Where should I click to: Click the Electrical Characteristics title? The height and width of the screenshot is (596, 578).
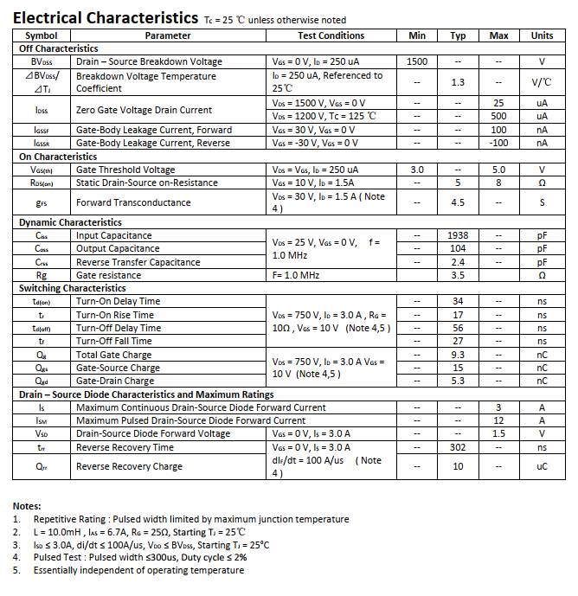(106, 17)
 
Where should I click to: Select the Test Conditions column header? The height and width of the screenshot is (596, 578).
(331, 35)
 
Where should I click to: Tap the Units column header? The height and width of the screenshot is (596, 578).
(542, 35)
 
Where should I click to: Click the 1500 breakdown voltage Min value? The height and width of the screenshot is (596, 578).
(416, 62)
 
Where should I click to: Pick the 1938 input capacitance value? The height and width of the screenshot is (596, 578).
(458, 236)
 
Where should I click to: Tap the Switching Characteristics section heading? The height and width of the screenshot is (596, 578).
(73, 288)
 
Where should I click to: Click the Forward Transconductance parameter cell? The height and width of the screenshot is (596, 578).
(133, 203)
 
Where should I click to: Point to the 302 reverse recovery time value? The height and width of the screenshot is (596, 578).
(458, 448)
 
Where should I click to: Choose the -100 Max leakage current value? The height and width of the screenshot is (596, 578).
(498, 144)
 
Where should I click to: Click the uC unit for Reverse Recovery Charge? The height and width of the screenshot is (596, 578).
(542, 467)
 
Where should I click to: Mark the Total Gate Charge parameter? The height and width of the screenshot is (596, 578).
(114, 355)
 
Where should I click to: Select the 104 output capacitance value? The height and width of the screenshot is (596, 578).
(458, 249)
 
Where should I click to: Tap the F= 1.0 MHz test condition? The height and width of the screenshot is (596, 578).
(296, 275)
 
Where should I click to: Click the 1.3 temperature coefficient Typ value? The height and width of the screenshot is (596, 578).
(458, 82)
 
